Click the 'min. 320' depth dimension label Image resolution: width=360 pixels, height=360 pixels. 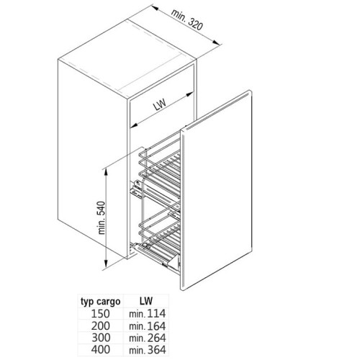187,20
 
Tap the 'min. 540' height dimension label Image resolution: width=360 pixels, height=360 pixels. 102,217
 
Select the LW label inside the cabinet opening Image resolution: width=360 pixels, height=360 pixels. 160,104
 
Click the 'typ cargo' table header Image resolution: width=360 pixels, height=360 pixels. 101,302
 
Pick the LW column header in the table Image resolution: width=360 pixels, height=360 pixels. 146,301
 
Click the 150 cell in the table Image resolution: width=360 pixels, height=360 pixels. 101,313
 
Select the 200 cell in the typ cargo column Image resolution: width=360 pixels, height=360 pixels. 101,325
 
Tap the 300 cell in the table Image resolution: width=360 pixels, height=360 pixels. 101,338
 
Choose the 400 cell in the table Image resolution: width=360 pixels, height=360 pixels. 101,349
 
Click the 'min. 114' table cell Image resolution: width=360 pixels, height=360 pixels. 148,313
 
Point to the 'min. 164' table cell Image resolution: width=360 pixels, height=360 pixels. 148,326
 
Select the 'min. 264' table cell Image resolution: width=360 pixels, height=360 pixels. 148,338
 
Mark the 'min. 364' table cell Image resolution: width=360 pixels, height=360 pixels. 148,350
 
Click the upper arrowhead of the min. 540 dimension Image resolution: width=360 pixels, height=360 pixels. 105,171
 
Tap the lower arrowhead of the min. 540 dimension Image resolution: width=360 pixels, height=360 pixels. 105,264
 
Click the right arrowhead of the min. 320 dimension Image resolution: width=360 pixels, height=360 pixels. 216,42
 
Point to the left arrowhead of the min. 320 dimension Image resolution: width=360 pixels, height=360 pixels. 155,8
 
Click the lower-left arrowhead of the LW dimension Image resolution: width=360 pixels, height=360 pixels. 134,125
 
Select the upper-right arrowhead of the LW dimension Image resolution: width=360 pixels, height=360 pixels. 189,94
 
